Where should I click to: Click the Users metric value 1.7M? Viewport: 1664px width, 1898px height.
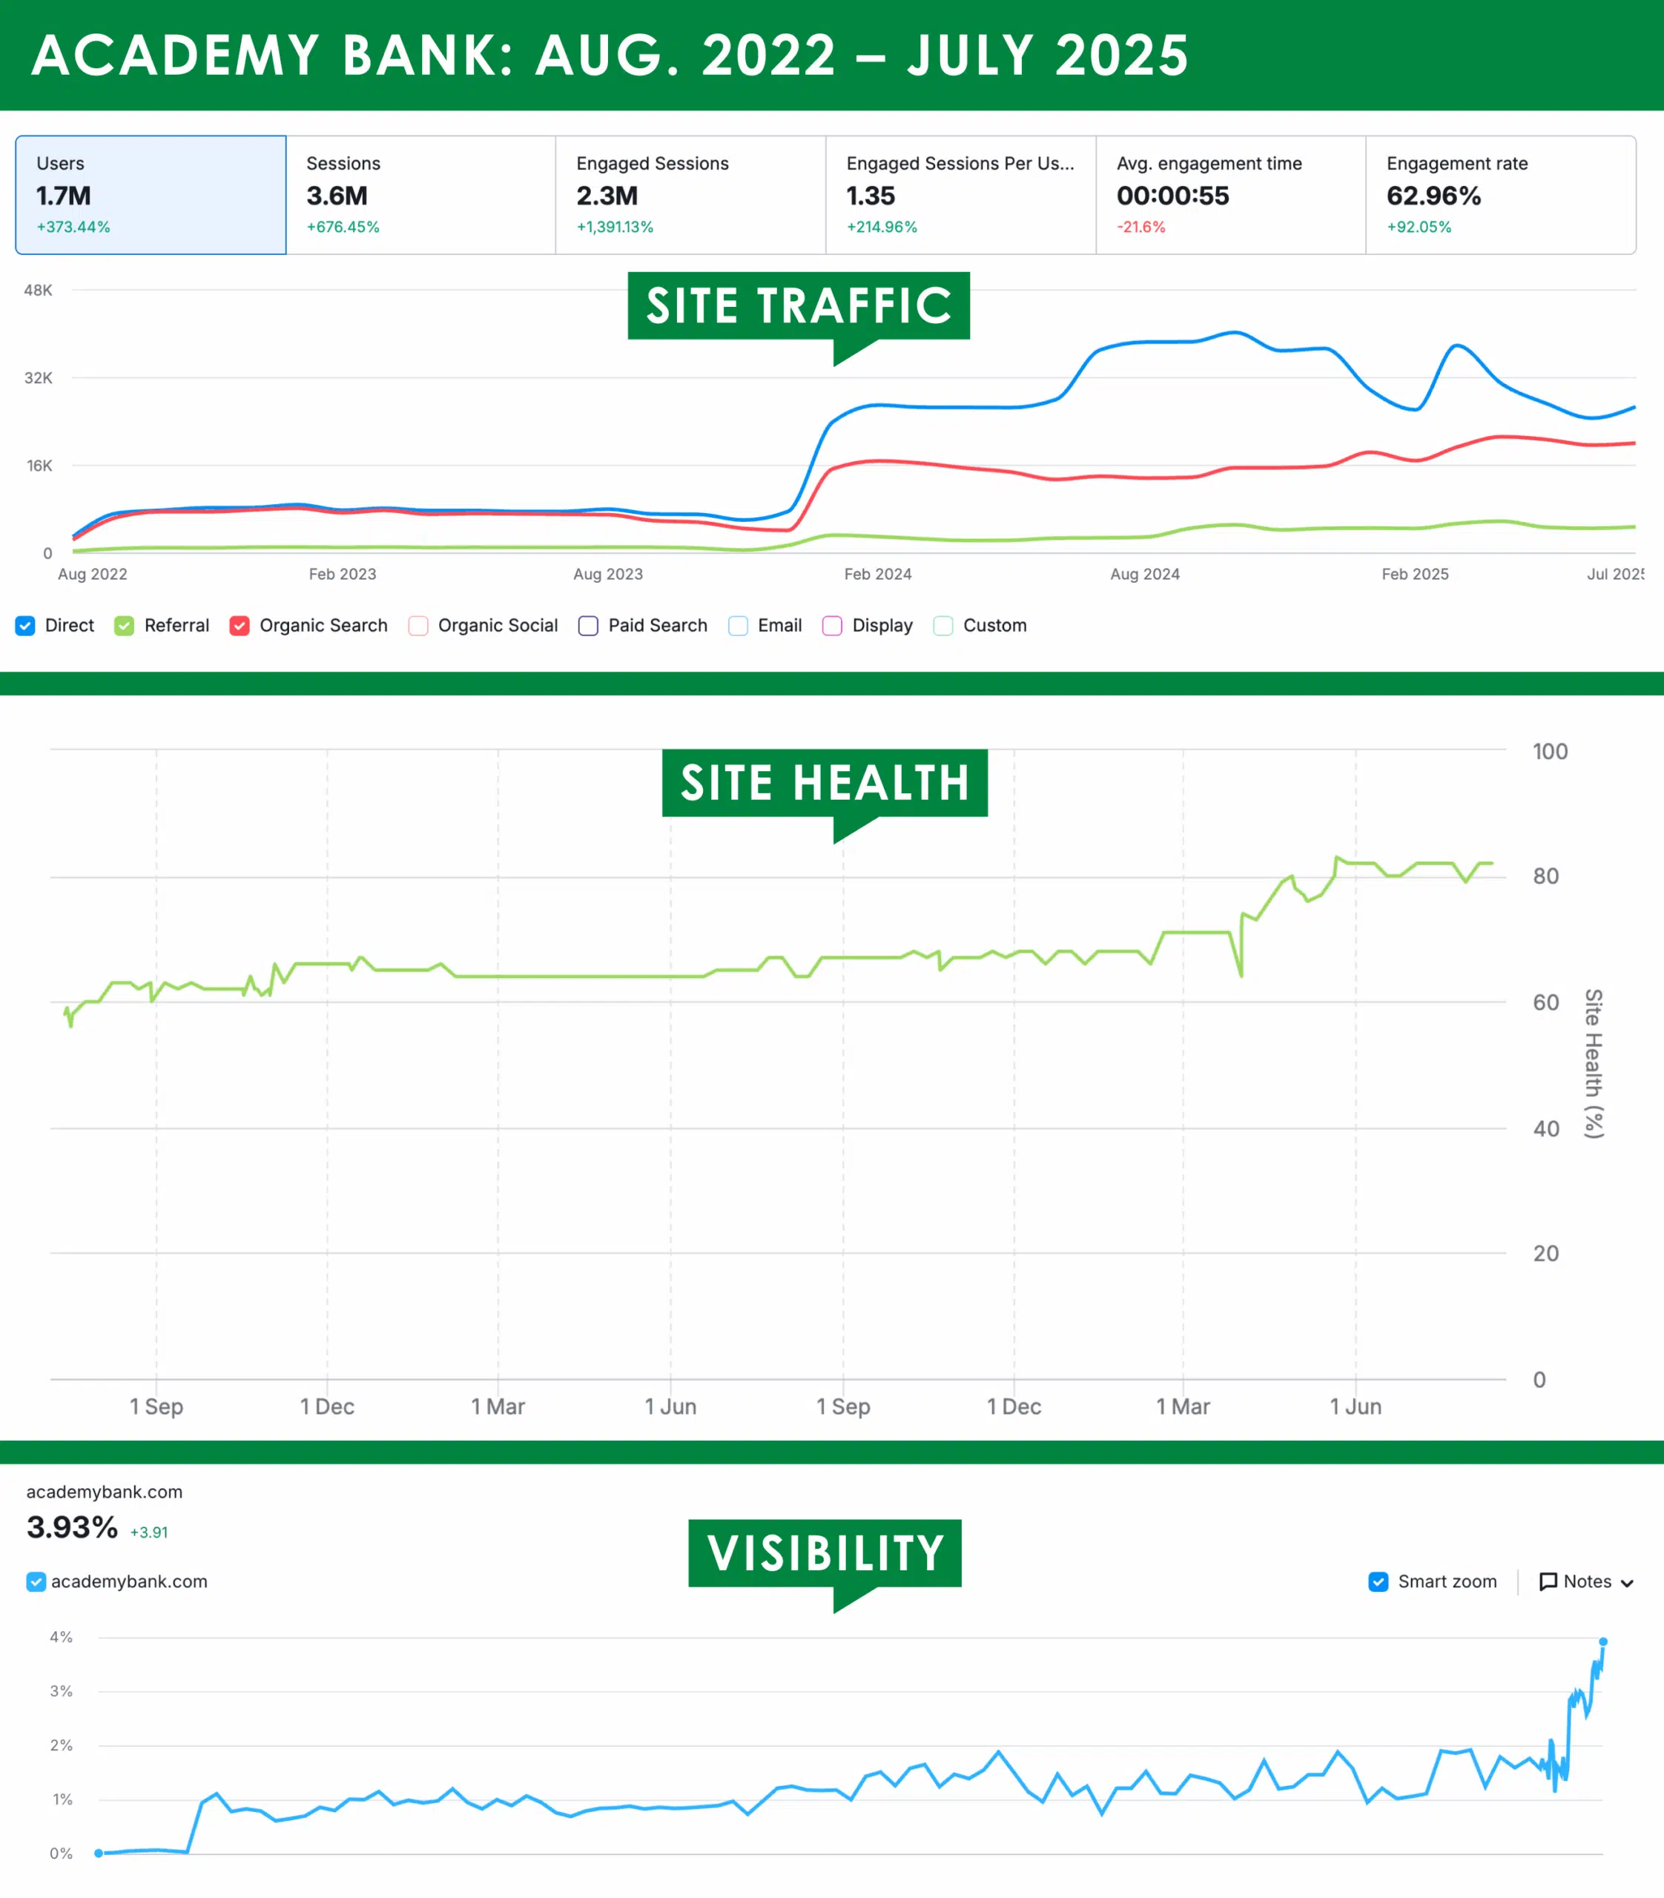63,196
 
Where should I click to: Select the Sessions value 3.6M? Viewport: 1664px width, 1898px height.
336,196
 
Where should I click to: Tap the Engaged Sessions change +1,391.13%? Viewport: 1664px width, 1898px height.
615,227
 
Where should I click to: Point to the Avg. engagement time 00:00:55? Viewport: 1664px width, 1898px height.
1172,196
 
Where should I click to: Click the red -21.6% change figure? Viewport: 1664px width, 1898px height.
1140,227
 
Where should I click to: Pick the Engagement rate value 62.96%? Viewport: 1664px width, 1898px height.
1433,196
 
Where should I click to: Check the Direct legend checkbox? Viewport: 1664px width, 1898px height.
25,626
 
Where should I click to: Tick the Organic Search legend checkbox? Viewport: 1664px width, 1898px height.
240,626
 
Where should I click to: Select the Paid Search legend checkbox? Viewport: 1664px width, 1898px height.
588,626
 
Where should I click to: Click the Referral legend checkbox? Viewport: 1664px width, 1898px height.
125,626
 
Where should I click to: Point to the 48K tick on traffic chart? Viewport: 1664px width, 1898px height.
38,291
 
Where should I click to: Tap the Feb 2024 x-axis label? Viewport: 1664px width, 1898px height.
877,574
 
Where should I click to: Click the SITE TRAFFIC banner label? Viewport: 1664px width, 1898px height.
799,305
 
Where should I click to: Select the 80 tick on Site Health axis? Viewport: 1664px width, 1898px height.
1545,876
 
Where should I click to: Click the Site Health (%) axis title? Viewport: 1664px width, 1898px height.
1594,1063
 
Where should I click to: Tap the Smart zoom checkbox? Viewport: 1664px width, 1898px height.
1378,1581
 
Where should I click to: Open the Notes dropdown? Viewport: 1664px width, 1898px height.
1586,1581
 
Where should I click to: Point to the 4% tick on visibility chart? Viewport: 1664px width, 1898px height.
62,1637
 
